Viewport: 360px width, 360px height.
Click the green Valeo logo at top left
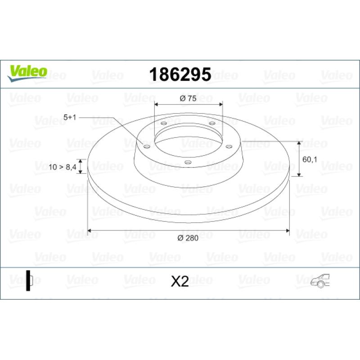coord(27,73)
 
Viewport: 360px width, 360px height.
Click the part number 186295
coord(180,74)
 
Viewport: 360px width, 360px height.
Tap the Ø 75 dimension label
coord(188,99)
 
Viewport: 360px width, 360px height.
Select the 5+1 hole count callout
coord(70,117)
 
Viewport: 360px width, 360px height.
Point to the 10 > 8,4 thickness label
coord(63,167)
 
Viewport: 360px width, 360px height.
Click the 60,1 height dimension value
coord(310,159)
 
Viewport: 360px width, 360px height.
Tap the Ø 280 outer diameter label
coord(188,238)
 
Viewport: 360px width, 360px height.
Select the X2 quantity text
coord(180,281)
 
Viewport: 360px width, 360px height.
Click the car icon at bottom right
coord(320,280)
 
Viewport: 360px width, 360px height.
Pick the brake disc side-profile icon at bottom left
coord(29,280)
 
